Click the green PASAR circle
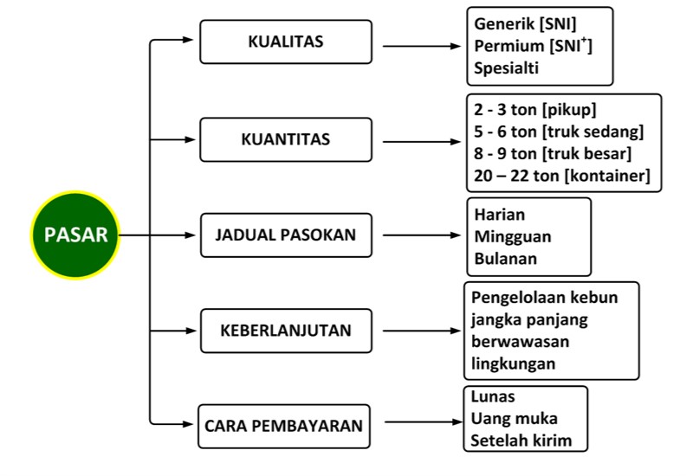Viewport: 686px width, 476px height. (75, 235)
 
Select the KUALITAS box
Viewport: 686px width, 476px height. (286, 42)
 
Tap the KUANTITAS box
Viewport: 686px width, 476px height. (286, 139)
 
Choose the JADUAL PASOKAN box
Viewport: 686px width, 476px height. (286, 235)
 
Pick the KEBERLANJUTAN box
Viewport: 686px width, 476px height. (286, 331)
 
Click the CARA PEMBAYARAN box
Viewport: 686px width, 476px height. (284, 426)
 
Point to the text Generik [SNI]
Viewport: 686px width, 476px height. (525, 24)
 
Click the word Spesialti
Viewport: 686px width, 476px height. (506, 68)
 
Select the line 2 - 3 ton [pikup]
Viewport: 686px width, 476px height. (535, 109)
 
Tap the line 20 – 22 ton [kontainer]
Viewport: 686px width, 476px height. (562, 176)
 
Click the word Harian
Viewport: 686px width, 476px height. (500, 215)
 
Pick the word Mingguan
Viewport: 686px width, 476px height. (513, 237)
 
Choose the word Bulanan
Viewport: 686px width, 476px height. (506, 259)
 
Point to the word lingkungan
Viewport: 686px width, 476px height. (513, 363)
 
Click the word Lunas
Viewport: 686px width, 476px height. (493, 396)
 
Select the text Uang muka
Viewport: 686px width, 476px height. (514, 419)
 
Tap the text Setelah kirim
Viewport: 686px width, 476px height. (521, 441)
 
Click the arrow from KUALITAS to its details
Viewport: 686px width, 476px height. (422, 46)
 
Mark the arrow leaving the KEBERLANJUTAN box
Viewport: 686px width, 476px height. (422, 331)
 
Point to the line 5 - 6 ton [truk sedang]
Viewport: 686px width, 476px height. (559, 132)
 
